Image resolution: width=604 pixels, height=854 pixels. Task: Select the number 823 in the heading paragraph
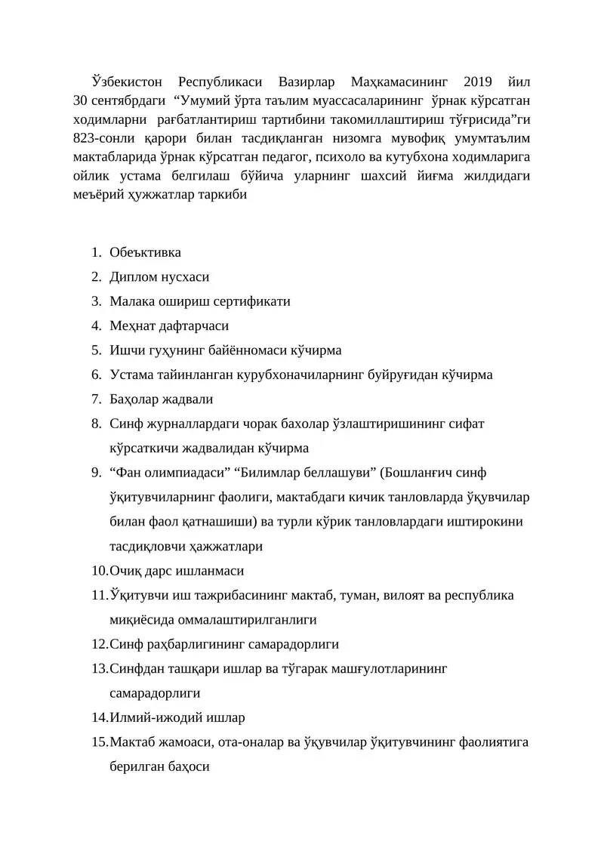pyautogui.click(x=85, y=139)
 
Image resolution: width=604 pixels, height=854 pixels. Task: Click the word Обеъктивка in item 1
pyautogui.click(x=146, y=252)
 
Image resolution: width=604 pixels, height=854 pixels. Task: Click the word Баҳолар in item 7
pyautogui.click(x=134, y=399)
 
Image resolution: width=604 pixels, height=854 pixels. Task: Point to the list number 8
pyautogui.click(x=97, y=424)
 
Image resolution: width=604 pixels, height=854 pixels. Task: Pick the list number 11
pyautogui.click(x=99, y=595)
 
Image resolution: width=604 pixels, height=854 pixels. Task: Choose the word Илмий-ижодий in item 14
pyautogui.click(x=148, y=717)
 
